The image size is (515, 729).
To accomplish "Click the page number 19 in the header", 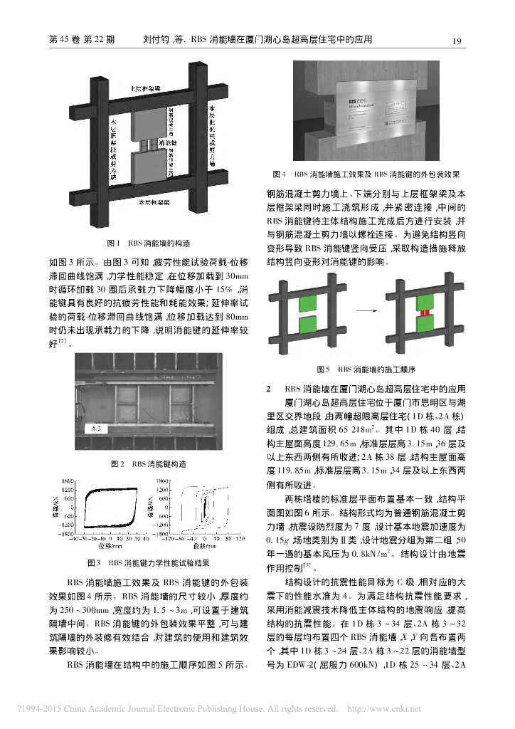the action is [458, 40].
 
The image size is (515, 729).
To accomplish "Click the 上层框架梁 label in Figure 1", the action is [144, 89].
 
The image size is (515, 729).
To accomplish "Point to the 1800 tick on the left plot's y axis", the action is [69, 481].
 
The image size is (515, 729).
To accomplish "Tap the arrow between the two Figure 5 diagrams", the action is [364, 311].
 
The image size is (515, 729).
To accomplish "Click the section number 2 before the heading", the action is [268, 389].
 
